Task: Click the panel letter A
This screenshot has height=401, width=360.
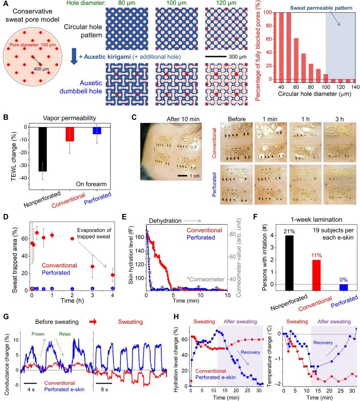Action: click(6, 6)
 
